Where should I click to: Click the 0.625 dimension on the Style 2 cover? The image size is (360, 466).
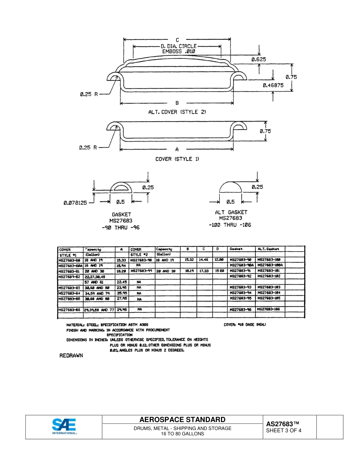(x=258, y=59)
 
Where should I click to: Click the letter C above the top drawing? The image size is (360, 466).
(x=177, y=40)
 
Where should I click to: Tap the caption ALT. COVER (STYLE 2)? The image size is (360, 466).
(x=177, y=112)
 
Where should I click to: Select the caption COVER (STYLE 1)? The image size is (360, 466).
(x=177, y=159)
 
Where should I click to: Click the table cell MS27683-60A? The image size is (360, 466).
(x=70, y=265)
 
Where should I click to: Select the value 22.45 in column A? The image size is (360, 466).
(x=121, y=282)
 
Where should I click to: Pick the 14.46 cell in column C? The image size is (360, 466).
(x=204, y=260)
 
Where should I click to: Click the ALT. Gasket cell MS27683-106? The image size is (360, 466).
(x=270, y=310)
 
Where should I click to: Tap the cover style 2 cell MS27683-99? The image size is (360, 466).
(x=142, y=271)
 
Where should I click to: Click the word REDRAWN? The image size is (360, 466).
(x=72, y=356)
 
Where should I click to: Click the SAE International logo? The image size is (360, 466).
(x=64, y=427)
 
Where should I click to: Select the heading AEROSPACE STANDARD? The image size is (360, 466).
(x=182, y=420)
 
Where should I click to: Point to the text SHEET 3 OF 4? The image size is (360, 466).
(x=284, y=431)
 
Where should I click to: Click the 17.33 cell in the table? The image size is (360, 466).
(x=204, y=271)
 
